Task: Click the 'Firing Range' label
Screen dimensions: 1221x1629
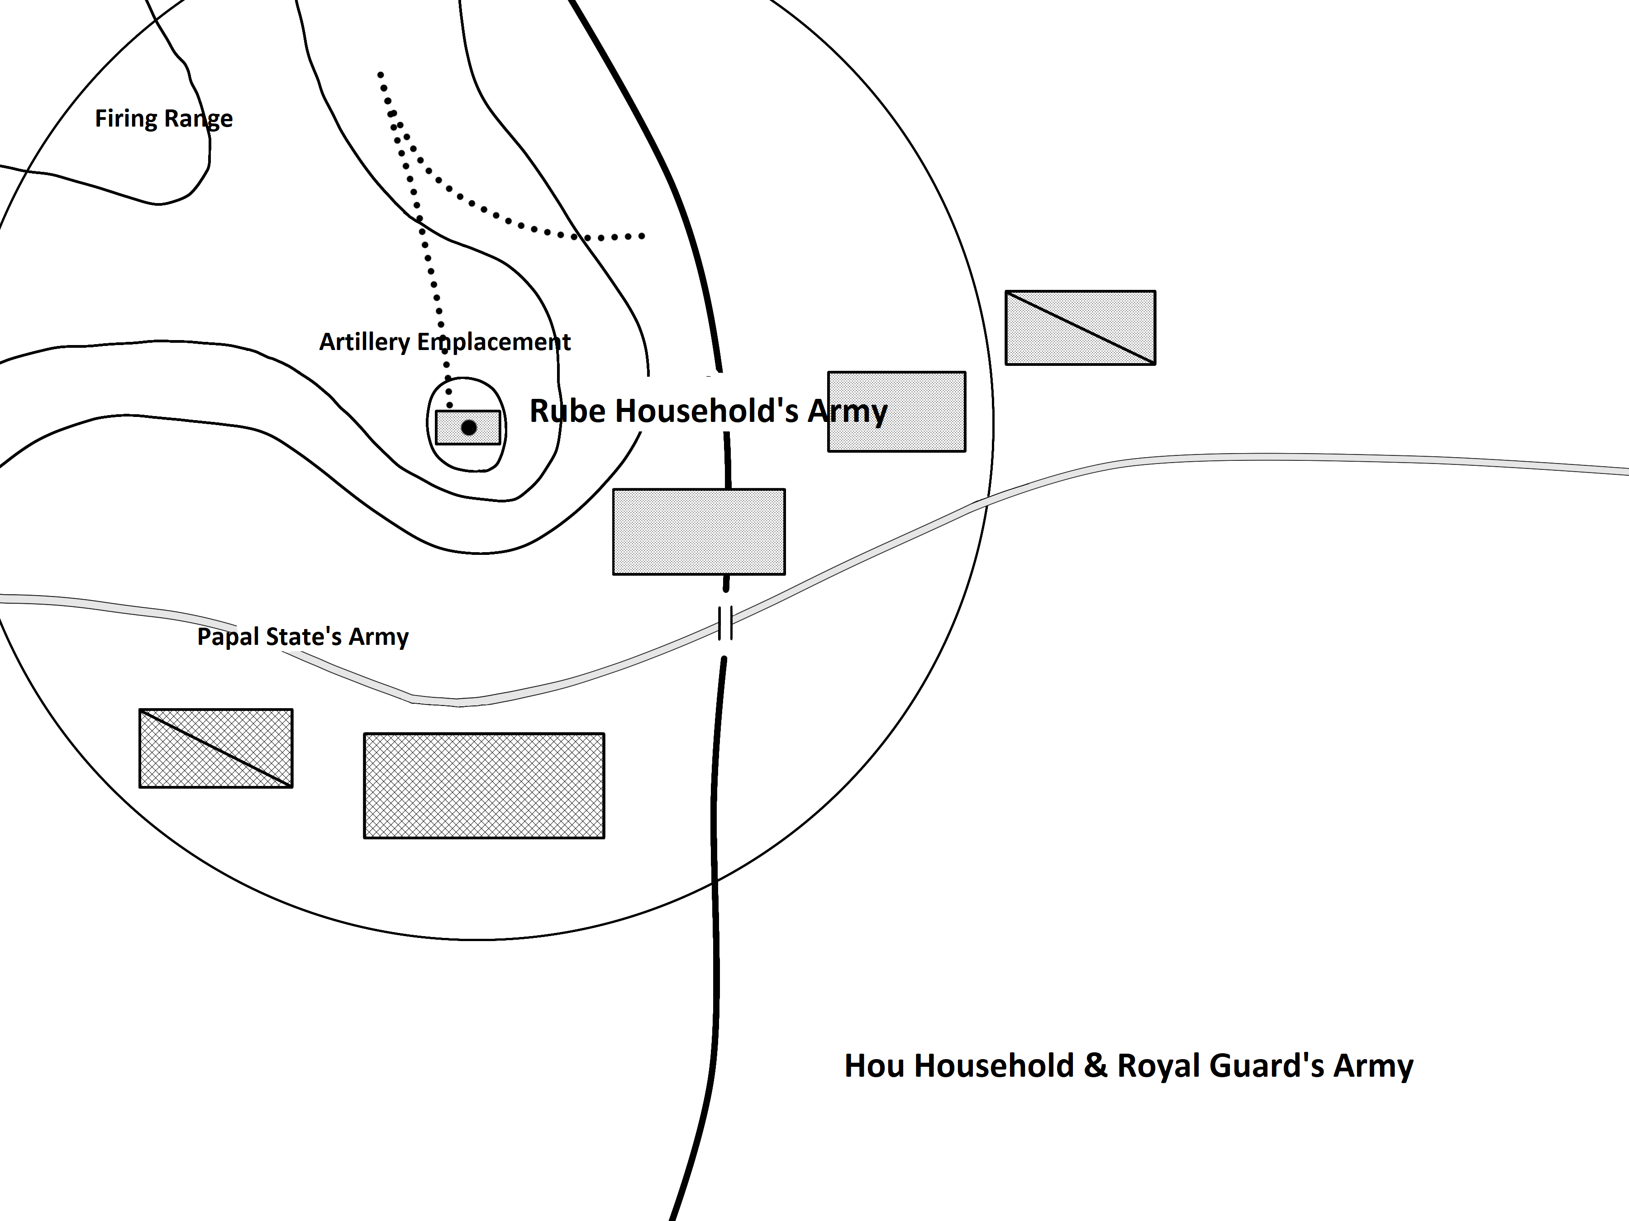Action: pyautogui.click(x=163, y=118)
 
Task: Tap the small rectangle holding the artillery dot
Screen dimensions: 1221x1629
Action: pyautogui.click(x=449, y=428)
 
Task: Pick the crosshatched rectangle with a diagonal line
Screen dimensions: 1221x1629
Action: pyautogui.click(x=216, y=748)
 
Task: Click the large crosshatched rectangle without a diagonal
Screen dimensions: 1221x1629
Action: pyautogui.click(x=484, y=786)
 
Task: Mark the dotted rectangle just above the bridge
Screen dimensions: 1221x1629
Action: pyautogui.click(x=698, y=531)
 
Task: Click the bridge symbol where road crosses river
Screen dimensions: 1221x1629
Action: pyautogui.click(x=725, y=623)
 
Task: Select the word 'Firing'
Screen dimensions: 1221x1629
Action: pyautogui.click(x=126, y=118)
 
